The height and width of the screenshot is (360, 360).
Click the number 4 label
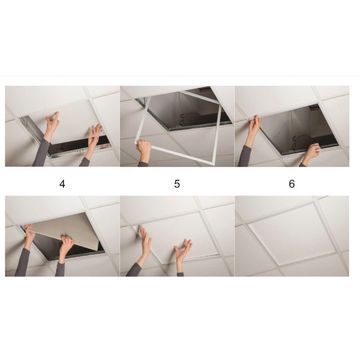(62, 184)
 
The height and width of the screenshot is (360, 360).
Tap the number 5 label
(177, 184)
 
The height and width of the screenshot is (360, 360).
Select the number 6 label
(292, 184)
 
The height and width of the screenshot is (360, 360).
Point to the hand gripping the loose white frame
(144, 150)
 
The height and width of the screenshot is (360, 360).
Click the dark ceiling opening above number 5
(187, 110)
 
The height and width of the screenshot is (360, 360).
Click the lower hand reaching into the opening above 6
(312, 152)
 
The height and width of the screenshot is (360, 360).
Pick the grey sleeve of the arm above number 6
(244, 156)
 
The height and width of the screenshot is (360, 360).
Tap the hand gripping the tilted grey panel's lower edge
(66, 245)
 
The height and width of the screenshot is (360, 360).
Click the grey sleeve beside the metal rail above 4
(42, 153)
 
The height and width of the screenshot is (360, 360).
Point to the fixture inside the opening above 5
(193, 117)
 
